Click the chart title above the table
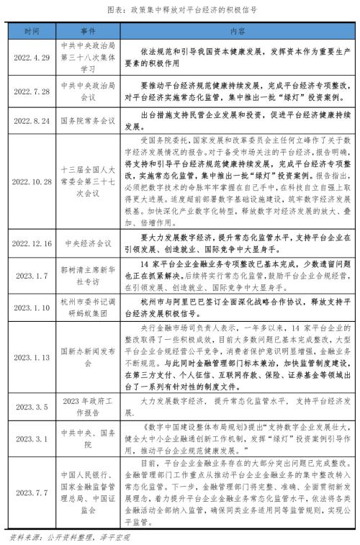coord(181,12)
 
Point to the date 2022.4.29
coord(32,57)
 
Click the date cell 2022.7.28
coord(32,93)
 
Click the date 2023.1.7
coord(32,273)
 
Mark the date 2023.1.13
coord(32,357)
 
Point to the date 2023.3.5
coord(32,407)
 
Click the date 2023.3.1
coord(32,437)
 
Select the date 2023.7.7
coord(32,491)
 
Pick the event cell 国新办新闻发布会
coord(89,357)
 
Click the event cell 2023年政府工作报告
coord(89,407)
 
